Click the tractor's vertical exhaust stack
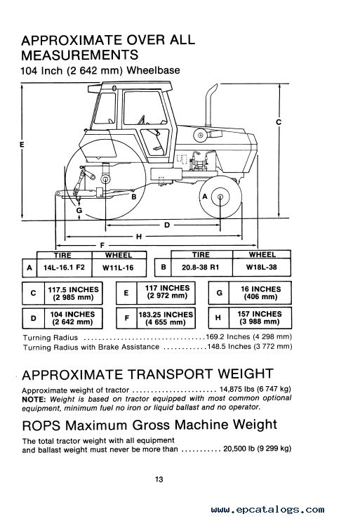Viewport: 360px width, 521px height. click(x=210, y=106)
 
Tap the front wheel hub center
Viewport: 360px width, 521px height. click(x=220, y=197)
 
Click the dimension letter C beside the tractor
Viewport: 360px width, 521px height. click(x=279, y=122)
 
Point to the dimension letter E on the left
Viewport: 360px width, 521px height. click(x=22, y=145)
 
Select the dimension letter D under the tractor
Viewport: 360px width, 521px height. click(x=167, y=225)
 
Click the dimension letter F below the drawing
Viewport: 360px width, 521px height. click(x=102, y=245)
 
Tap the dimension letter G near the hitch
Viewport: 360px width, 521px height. click(x=79, y=211)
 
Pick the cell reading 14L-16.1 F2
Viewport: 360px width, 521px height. click(x=64, y=267)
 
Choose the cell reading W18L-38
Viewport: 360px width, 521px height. click(x=262, y=267)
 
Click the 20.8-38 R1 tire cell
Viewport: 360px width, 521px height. click(x=201, y=267)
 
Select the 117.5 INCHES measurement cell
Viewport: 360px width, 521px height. click(x=73, y=293)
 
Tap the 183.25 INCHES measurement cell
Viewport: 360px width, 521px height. click(x=166, y=318)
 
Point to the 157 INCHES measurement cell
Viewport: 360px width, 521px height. click(x=260, y=317)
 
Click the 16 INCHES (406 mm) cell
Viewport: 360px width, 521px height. click(x=260, y=293)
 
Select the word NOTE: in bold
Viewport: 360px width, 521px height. click(x=34, y=400)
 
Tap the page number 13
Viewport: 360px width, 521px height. click(x=159, y=480)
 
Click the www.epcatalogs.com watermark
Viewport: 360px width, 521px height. click(x=267, y=510)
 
